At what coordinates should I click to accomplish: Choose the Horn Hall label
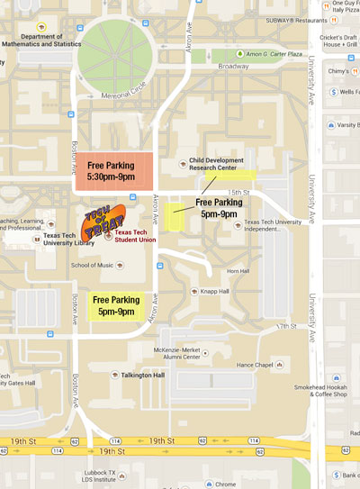(238, 271)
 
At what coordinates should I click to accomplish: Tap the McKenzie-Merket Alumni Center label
(187, 353)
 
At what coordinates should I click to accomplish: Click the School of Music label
(93, 265)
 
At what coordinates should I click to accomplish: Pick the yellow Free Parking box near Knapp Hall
(116, 305)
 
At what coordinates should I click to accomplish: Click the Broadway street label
(233, 67)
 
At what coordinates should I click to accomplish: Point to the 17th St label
(286, 326)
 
